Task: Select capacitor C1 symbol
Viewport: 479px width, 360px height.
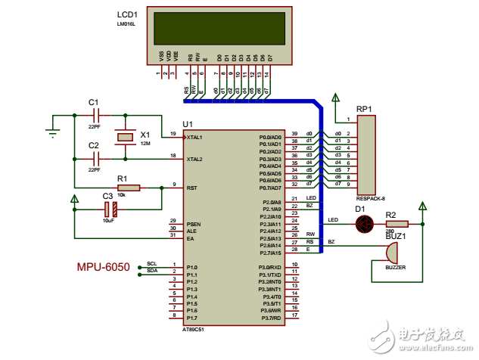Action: [x=95, y=115]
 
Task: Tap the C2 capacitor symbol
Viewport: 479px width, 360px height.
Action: [x=95, y=158]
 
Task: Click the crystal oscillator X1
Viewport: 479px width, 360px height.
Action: [x=124, y=137]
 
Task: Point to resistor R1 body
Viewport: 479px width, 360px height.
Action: [x=129, y=188]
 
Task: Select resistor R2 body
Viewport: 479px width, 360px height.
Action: [x=397, y=223]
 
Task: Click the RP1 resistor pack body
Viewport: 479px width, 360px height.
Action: [x=367, y=156]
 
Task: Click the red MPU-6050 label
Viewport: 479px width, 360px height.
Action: [x=103, y=267]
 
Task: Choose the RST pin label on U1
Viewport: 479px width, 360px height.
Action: [x=191, y=186]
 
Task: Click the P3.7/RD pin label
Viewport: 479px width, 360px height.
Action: [x=270, y=318]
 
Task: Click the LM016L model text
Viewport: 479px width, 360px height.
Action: [x=127, y=24]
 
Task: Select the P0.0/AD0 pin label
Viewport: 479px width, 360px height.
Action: [x=270, y=137]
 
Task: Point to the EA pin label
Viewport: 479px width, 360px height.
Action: [x=190, y=238]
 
